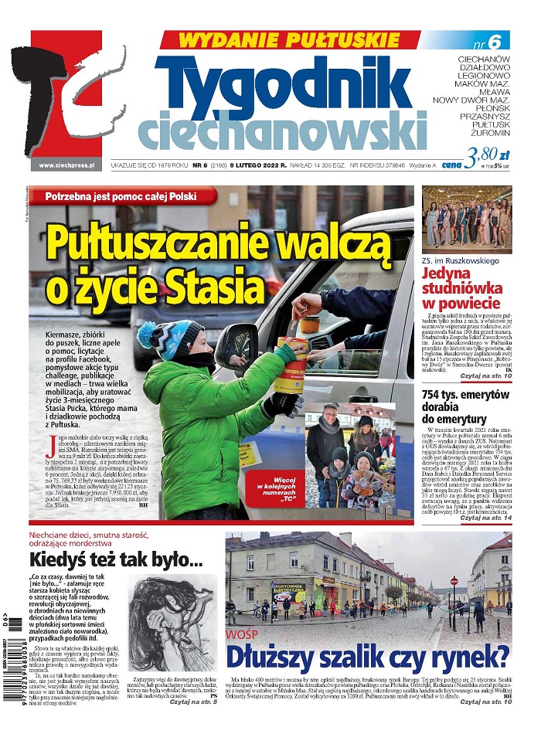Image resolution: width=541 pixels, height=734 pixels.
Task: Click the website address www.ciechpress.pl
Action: [x=66, y=165]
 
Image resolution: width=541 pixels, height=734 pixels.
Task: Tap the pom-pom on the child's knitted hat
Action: [x=145, y=335]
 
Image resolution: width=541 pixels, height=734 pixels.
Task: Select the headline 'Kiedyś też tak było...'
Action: [x=116, y=559]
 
